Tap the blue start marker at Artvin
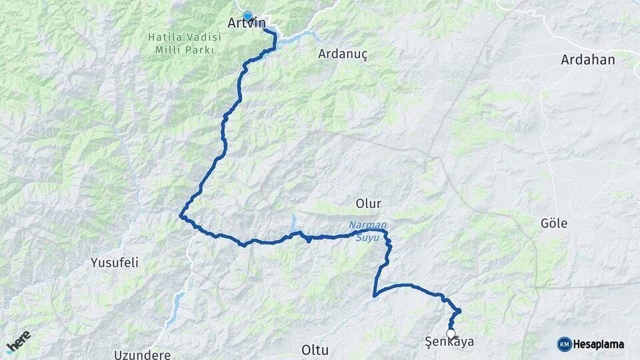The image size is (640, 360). (x=247, y=16)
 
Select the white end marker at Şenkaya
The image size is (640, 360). (x=451, y=333)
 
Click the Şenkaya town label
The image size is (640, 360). (x=449, y=343)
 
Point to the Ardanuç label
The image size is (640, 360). (x=343, y=53)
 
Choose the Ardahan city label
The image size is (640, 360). (x=588, y=59)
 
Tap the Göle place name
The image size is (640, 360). (x=554, y=223)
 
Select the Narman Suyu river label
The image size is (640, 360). (x=367, y=231)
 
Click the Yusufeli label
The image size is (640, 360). (x=115, y=263)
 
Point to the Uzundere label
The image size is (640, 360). (x=142, y=354)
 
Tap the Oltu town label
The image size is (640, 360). (x=315, y=349)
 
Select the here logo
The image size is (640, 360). (x=18, y=341)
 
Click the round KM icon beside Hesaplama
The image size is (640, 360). (x=564, y=344)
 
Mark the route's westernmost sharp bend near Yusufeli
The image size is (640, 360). (x=181, y=215)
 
